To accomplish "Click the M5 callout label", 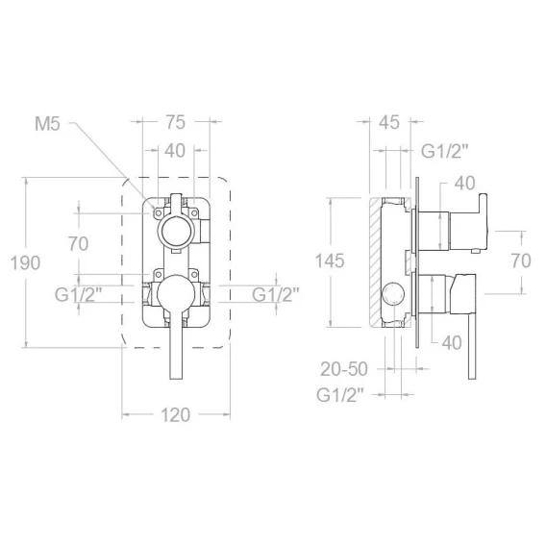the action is pos(47,124).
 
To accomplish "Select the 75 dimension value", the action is pos(175,122).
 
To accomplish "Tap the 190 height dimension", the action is pos(25,262).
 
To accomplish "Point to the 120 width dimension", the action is pos(175,415).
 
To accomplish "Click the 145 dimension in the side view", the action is pos(330,261).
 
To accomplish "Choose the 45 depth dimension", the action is pos(389,122).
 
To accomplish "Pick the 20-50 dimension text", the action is pos(344,369).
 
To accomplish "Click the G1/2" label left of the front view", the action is pos(79,295).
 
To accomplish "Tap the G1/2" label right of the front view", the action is pos(276,294).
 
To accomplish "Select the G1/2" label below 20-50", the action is pos(340,395).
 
